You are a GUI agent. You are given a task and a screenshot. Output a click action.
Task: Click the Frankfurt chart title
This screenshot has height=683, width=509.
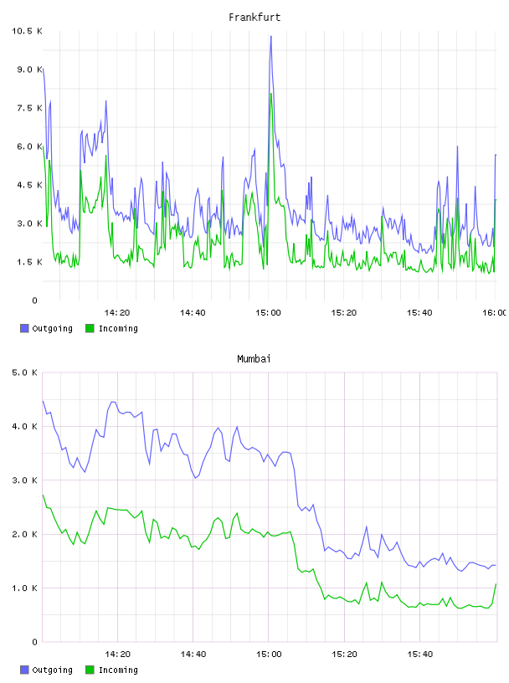[x=254, y=18]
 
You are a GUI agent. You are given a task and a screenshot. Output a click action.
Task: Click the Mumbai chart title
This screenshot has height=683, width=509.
[x=254, y=359]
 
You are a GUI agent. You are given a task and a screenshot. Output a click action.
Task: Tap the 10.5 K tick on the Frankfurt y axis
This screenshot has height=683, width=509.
[x=27, y=31]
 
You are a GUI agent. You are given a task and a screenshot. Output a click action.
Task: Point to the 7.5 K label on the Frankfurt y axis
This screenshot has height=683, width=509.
[x=29, y=108]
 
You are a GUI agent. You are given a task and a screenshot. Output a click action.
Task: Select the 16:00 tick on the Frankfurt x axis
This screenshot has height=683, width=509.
[x=495, y=313]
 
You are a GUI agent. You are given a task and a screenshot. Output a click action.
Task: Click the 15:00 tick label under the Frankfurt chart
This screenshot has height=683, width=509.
[x=269, y=313]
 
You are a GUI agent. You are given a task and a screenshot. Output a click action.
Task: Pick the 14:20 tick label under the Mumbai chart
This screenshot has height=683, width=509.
[x=117, y=655]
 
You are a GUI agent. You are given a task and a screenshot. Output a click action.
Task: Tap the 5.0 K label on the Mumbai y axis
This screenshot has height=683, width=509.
[x=25, y=372]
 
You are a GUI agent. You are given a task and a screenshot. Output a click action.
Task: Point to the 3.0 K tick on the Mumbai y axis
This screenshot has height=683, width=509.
[x=25, y=480]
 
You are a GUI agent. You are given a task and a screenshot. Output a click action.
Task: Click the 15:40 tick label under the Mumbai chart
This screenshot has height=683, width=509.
[x=419, y=655]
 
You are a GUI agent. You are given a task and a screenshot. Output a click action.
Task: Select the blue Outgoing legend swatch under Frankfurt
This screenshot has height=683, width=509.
[x=24, y=328]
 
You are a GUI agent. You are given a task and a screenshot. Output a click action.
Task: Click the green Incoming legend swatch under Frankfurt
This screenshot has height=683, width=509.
[x=90, y=328]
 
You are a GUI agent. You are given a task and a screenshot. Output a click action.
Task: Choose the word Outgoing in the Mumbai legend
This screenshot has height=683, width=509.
[x=52, y=670]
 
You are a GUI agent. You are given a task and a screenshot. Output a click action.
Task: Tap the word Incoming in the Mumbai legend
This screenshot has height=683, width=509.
[x=118, y=670]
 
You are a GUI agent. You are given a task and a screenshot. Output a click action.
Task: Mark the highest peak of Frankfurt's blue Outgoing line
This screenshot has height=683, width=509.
[x=270, y=36]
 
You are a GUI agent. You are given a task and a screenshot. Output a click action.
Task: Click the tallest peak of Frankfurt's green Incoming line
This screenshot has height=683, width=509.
[x=271, y=93]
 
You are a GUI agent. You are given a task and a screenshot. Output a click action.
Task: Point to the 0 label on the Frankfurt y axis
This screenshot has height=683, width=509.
[x=35, y=300]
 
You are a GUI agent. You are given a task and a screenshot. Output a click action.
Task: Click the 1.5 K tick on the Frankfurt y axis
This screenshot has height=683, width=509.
[x=29, y=262]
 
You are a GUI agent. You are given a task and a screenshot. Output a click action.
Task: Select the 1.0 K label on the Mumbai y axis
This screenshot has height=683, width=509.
[x=25, y=588]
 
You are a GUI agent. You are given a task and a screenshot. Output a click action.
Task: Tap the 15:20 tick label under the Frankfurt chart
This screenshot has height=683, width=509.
[x=344, y=313]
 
